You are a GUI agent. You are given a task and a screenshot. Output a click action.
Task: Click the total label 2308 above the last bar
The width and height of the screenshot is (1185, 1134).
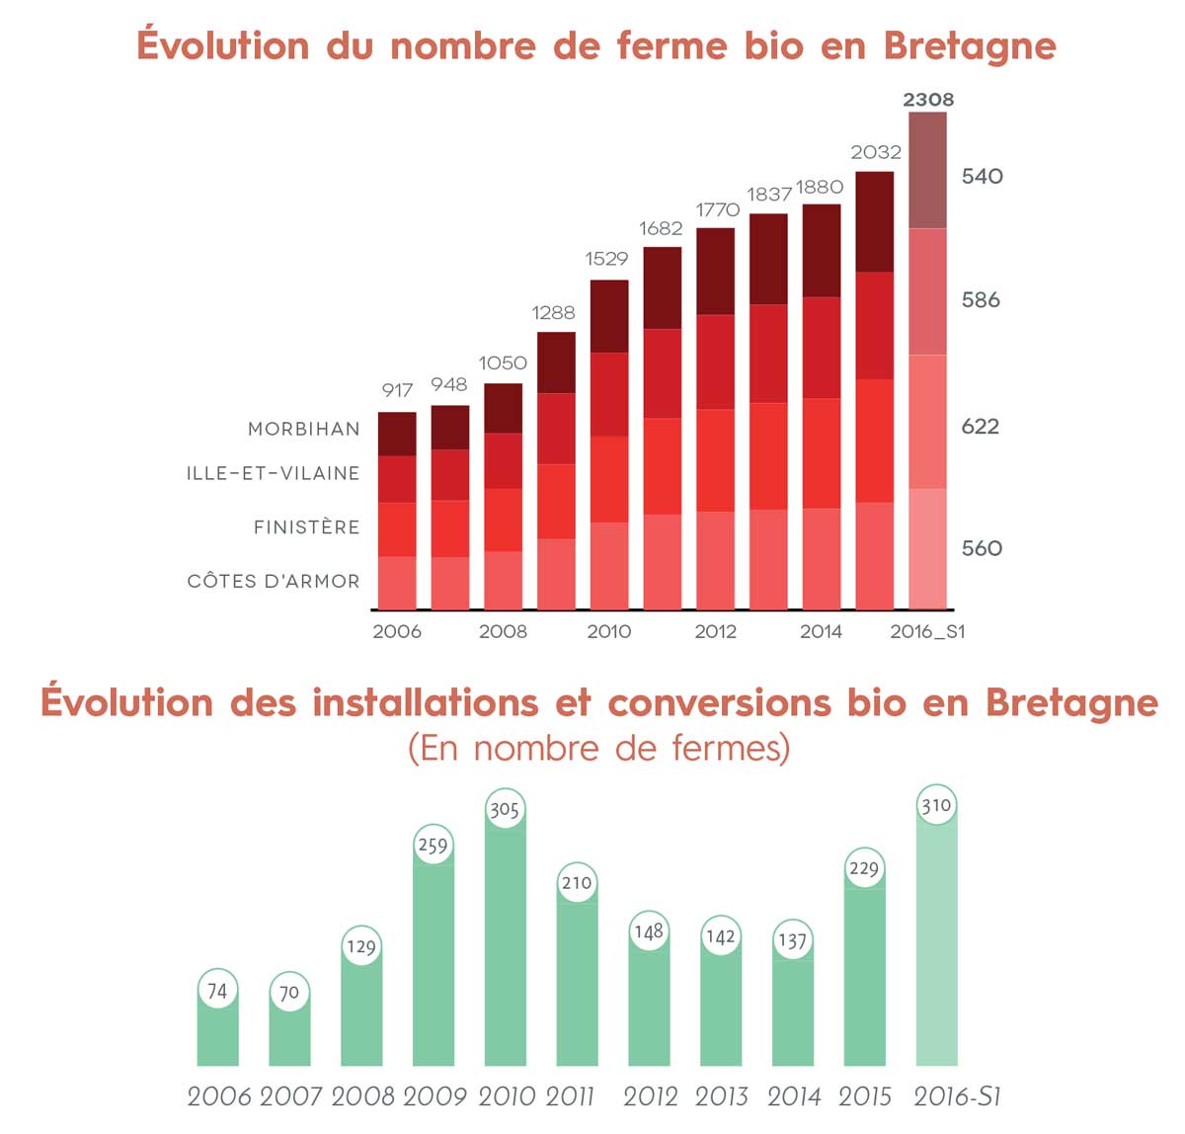tap(928, 99)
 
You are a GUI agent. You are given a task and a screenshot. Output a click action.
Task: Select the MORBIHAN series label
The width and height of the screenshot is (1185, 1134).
tap(304, 429)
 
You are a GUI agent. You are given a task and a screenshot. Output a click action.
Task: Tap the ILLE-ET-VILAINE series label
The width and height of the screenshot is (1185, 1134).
tap(274, 473)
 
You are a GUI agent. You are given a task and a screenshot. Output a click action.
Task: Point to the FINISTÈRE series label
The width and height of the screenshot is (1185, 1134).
tap(307, 526)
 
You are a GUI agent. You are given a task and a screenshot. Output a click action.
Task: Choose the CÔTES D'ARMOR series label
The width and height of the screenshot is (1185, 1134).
tap(274, 581)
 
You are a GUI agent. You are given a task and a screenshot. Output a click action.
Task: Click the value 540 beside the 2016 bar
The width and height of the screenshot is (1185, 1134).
tap(982, 176)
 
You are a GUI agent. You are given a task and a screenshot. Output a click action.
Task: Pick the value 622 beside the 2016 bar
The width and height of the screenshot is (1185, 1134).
tap(981, 427)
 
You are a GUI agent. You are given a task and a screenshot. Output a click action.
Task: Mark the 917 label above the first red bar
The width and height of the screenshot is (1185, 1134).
tap(397, 390)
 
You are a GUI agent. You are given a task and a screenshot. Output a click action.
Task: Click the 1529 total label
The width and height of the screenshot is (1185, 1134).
tap(606, 259)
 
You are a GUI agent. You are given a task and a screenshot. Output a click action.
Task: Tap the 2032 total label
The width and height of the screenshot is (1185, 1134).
tap(876, 152)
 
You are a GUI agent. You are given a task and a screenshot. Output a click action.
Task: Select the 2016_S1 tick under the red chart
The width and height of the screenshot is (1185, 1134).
tap(927, 631)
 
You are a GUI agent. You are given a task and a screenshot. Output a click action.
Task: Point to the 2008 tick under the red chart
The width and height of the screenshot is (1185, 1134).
tap(503, 631)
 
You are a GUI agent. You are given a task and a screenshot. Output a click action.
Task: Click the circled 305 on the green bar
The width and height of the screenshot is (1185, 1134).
tap(505, 809)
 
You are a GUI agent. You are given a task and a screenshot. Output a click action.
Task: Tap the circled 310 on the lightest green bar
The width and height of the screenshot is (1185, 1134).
tap(936, 805)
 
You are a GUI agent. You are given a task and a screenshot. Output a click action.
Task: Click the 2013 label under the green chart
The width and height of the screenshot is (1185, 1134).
tap(721, 1096)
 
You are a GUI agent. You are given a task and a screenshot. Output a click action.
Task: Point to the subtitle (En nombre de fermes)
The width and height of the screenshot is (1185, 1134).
tap(599, 748)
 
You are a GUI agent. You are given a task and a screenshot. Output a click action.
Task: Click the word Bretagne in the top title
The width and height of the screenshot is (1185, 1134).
tap(970, 46)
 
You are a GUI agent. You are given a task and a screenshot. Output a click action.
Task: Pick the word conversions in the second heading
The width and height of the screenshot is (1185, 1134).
tap(719, 702)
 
